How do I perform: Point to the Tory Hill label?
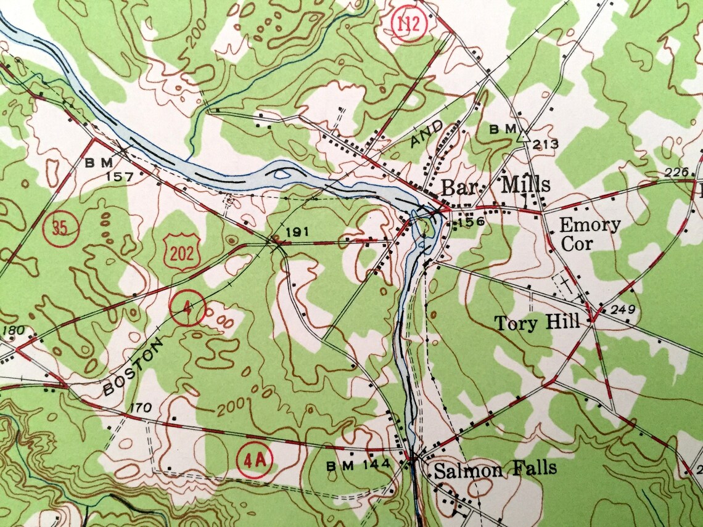[x=537, y=322]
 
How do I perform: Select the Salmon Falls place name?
[x=495, y=470]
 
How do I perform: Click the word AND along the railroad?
[x=427, y=135]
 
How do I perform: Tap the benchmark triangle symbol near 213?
[x=522, y=137]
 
